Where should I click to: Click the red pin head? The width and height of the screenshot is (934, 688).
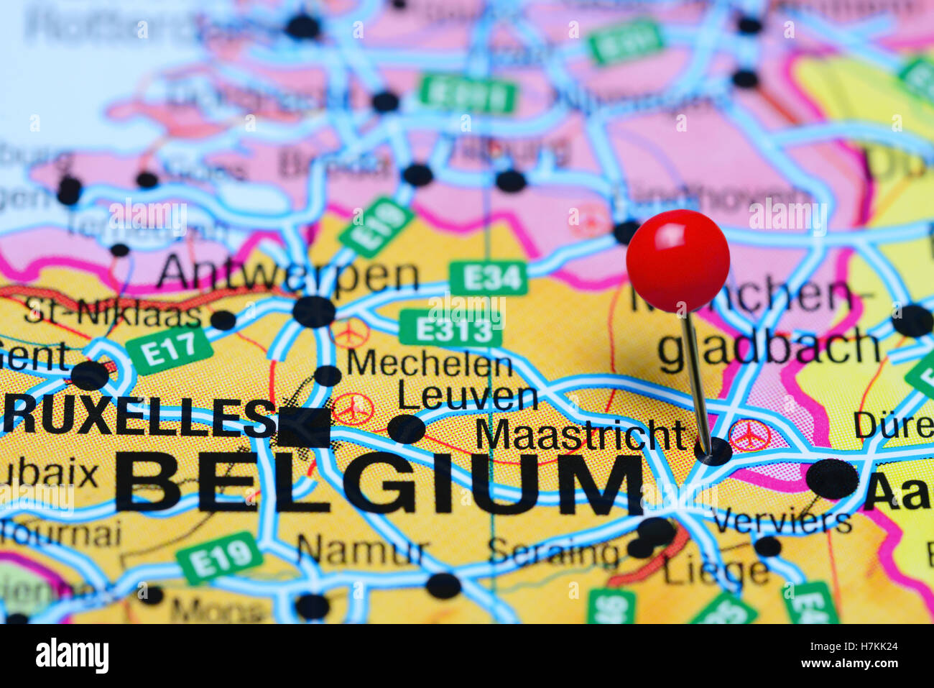pos(678,260)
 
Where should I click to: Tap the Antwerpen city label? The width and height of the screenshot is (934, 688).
pos(287,275)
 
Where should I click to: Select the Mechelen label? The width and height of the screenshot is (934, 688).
pos(429,363)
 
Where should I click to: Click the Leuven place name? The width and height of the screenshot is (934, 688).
pos(468,397)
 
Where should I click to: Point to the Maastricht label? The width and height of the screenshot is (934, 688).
pos(580,434)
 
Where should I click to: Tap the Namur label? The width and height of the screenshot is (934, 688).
pos(362,552)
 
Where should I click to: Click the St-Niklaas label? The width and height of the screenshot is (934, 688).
pos(113,313)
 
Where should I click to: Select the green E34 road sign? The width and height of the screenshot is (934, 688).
pos(489,278)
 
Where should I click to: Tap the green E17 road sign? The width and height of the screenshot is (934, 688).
pos(170,351)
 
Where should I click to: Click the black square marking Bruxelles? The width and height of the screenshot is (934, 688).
pos(304,427)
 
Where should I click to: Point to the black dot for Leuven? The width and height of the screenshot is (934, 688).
pos(406,429)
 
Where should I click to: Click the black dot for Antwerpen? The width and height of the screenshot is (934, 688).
pos(314,312)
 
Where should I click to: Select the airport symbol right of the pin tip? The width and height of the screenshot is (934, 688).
pos(749,436)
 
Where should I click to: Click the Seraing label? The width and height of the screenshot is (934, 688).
pos(552,554)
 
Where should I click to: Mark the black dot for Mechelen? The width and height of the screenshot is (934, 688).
pos(328,375)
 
